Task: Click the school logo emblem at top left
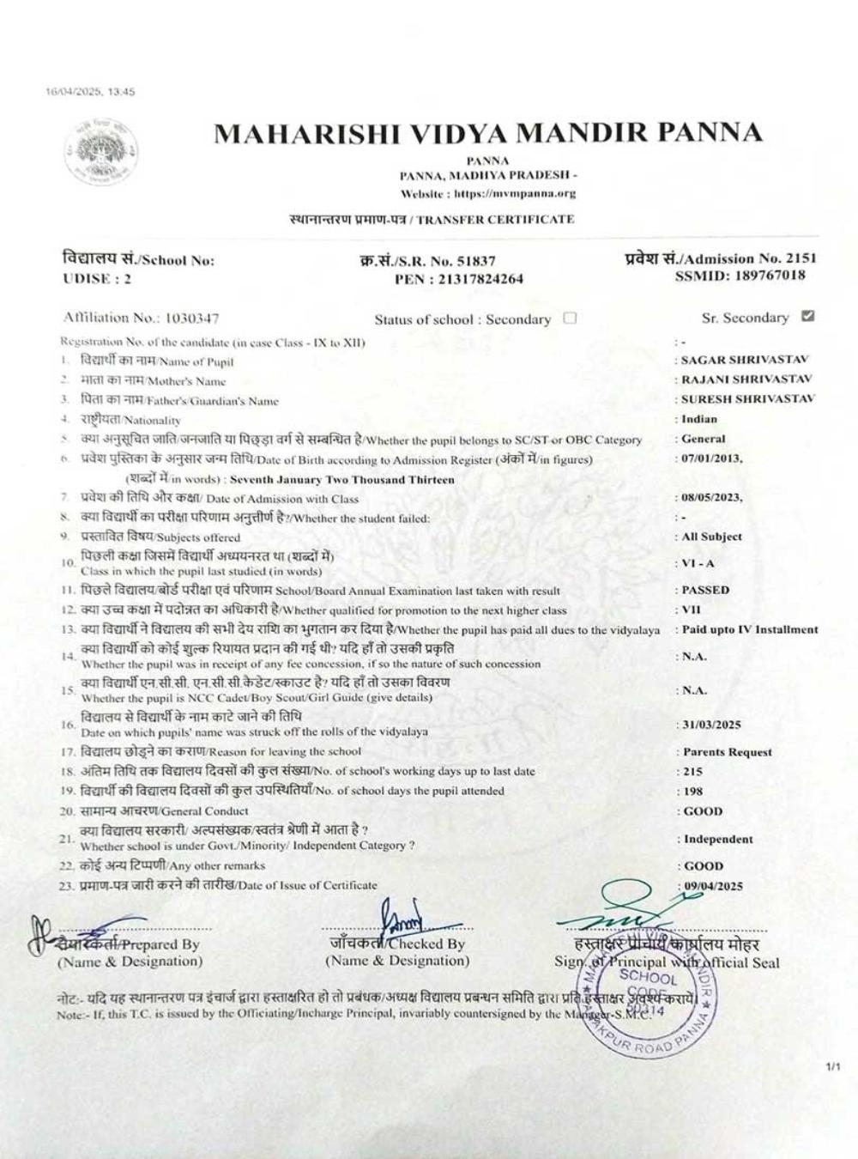click(101, 155)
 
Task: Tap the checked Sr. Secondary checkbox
click(807, 316)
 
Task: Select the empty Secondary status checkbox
click(570, 318)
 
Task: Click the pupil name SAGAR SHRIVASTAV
click(745, 360)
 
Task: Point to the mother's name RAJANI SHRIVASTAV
click(746, 379)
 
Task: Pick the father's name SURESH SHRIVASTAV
click(747, 398)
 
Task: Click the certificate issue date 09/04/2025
click(712, 886)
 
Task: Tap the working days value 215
click(692, 771)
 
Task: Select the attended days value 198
click(692, 791)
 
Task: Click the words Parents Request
click(727, 752)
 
